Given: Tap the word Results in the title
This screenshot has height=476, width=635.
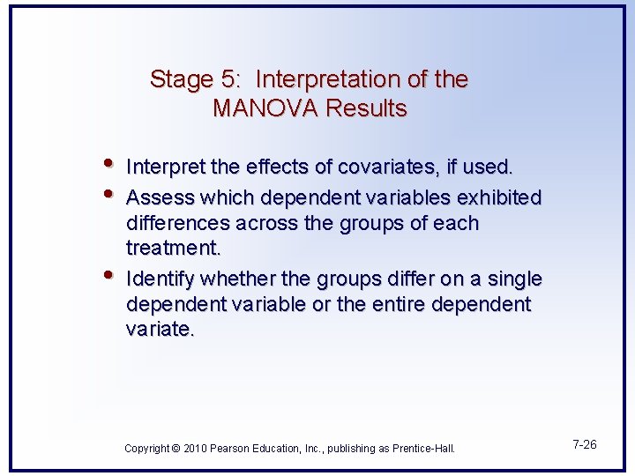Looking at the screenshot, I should tap(366, 108).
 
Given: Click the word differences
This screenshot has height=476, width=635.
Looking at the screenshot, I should tap(182, 223).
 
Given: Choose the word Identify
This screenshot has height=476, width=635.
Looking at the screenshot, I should tap(161, 279).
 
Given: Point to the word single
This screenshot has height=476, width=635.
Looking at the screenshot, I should tap(512, 279).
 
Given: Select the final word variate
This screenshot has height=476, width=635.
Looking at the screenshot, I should tap(159, 330).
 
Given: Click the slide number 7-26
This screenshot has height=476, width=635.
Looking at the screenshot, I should tap(583, 444).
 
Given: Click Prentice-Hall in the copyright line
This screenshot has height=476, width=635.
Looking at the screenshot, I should tap(423, 449).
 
